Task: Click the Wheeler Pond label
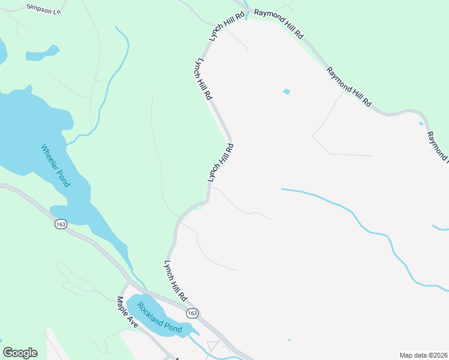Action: pos(56,166)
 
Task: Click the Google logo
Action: pos(20,353)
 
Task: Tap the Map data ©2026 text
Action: pos(423,355)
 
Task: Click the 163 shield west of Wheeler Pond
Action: pos(60,224)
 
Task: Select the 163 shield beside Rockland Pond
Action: pos(191,314)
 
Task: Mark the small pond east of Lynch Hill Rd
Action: pos(286,92)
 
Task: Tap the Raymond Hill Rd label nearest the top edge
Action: pos(279,24)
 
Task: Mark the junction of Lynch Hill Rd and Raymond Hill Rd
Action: pos(247,12)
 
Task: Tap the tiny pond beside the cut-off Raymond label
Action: pos(421,124)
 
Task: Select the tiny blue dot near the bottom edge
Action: pos(289,341)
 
